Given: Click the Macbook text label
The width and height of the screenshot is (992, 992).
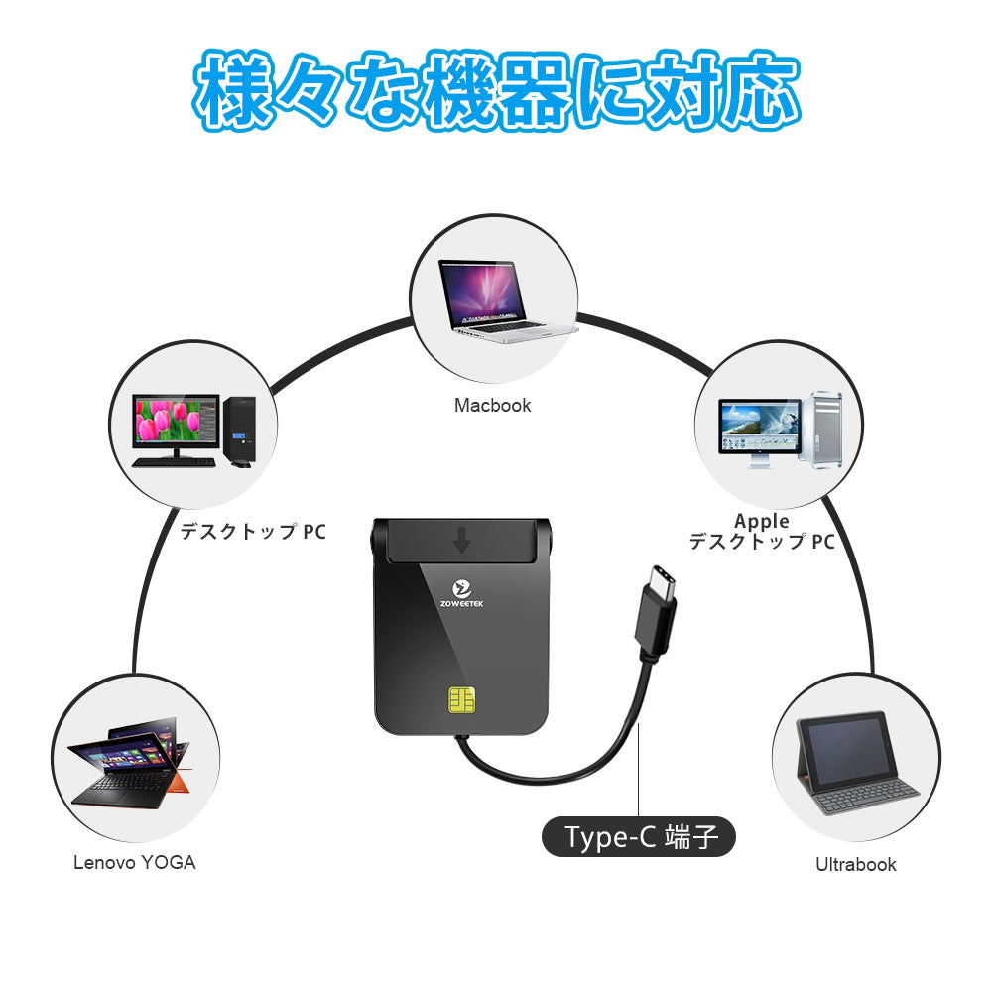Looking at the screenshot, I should [x=492, y=405].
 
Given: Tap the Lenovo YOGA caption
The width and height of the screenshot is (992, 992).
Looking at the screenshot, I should [x=135, y=862].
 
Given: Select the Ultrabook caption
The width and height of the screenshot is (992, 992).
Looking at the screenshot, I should [x=855, y=864].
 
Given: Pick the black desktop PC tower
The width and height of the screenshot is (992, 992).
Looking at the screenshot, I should [x=240, y=430].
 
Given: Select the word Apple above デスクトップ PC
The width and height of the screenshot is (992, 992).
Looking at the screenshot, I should [x=762, y=521].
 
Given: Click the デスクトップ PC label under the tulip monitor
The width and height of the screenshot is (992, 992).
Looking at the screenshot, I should [x=252, y=532].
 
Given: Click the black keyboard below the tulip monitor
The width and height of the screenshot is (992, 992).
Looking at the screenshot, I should [x=177, y=461].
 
